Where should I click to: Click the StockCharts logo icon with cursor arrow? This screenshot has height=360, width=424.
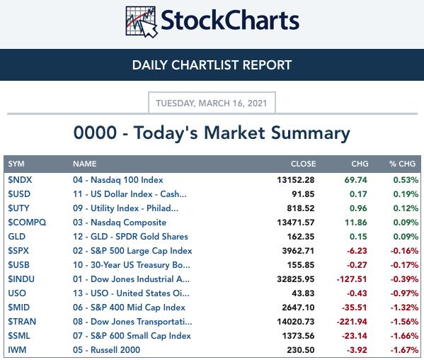(x=141, y=22)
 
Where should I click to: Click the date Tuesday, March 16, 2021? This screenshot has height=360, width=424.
(x=212, y=103)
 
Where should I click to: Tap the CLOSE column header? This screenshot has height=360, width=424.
(x=303, y=164)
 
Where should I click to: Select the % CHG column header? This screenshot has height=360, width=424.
(x=402, y=164)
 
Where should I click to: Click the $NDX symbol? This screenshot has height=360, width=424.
(x=20, y=180)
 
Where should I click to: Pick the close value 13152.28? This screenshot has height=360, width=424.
(x=296, y=180)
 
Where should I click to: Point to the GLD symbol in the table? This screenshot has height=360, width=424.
(x=16, y=237)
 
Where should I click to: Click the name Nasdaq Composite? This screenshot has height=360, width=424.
(x=128, y=223)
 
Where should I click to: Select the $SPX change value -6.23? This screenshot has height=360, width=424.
(x=357, y=251)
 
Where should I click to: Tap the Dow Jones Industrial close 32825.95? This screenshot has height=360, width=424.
(x=296, y=279)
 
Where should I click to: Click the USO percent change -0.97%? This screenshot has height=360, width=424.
(x=404, y=293)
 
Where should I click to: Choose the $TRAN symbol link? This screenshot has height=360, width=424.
(x=22, y=322)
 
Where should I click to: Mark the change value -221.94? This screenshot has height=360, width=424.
(x=352, y=322)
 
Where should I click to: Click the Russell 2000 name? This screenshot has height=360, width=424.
(x=115, y=349)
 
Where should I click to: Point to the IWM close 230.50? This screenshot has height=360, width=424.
(x=301, y=350)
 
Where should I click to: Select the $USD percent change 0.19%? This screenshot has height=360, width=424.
(x=406, y=194)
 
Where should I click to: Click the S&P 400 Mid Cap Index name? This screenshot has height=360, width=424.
(x=138, y=308)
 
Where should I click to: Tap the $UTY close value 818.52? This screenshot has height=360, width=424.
(x=301, y=208)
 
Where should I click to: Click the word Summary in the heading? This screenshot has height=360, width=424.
(x=311, y=133)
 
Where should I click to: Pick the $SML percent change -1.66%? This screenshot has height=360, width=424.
(x=404, y=336)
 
